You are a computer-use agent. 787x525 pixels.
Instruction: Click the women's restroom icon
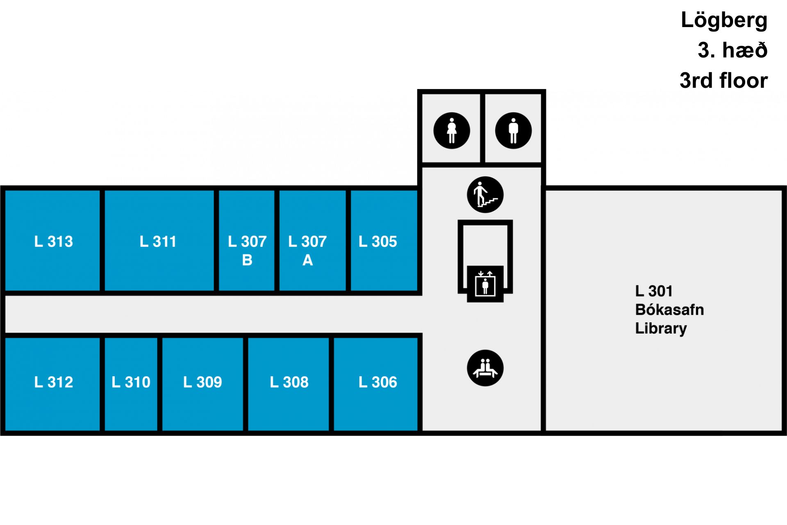point(452,130)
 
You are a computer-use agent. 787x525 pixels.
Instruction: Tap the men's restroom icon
point(513,130)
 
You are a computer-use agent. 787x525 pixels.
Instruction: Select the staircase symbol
point(485,195)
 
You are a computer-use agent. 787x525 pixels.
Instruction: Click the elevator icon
point(485,284)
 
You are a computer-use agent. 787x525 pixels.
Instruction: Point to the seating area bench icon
point(485,368)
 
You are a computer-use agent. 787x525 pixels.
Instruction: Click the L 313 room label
point(54,242)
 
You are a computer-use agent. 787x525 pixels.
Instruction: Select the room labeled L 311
point(158,242)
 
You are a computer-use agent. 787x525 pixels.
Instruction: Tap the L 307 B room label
point(247,251)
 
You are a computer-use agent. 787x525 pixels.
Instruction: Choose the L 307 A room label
point(307,251)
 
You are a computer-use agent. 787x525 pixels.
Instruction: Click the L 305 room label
point(378,242)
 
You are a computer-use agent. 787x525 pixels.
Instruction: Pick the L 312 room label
point(54,382)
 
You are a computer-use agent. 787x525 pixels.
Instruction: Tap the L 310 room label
point(131,382)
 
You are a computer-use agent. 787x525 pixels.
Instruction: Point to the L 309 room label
point(202,382)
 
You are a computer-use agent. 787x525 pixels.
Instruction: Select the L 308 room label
point(289,382)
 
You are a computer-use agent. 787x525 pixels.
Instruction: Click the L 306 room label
point(378,382)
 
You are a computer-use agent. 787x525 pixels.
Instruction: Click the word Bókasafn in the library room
point(670,310)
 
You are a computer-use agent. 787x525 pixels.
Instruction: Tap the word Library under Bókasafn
point(661,329)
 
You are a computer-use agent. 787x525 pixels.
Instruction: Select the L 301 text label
point(654,291)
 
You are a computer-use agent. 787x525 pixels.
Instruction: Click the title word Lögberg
point(724,21)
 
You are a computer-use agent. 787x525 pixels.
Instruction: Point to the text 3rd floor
point(724,80)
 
